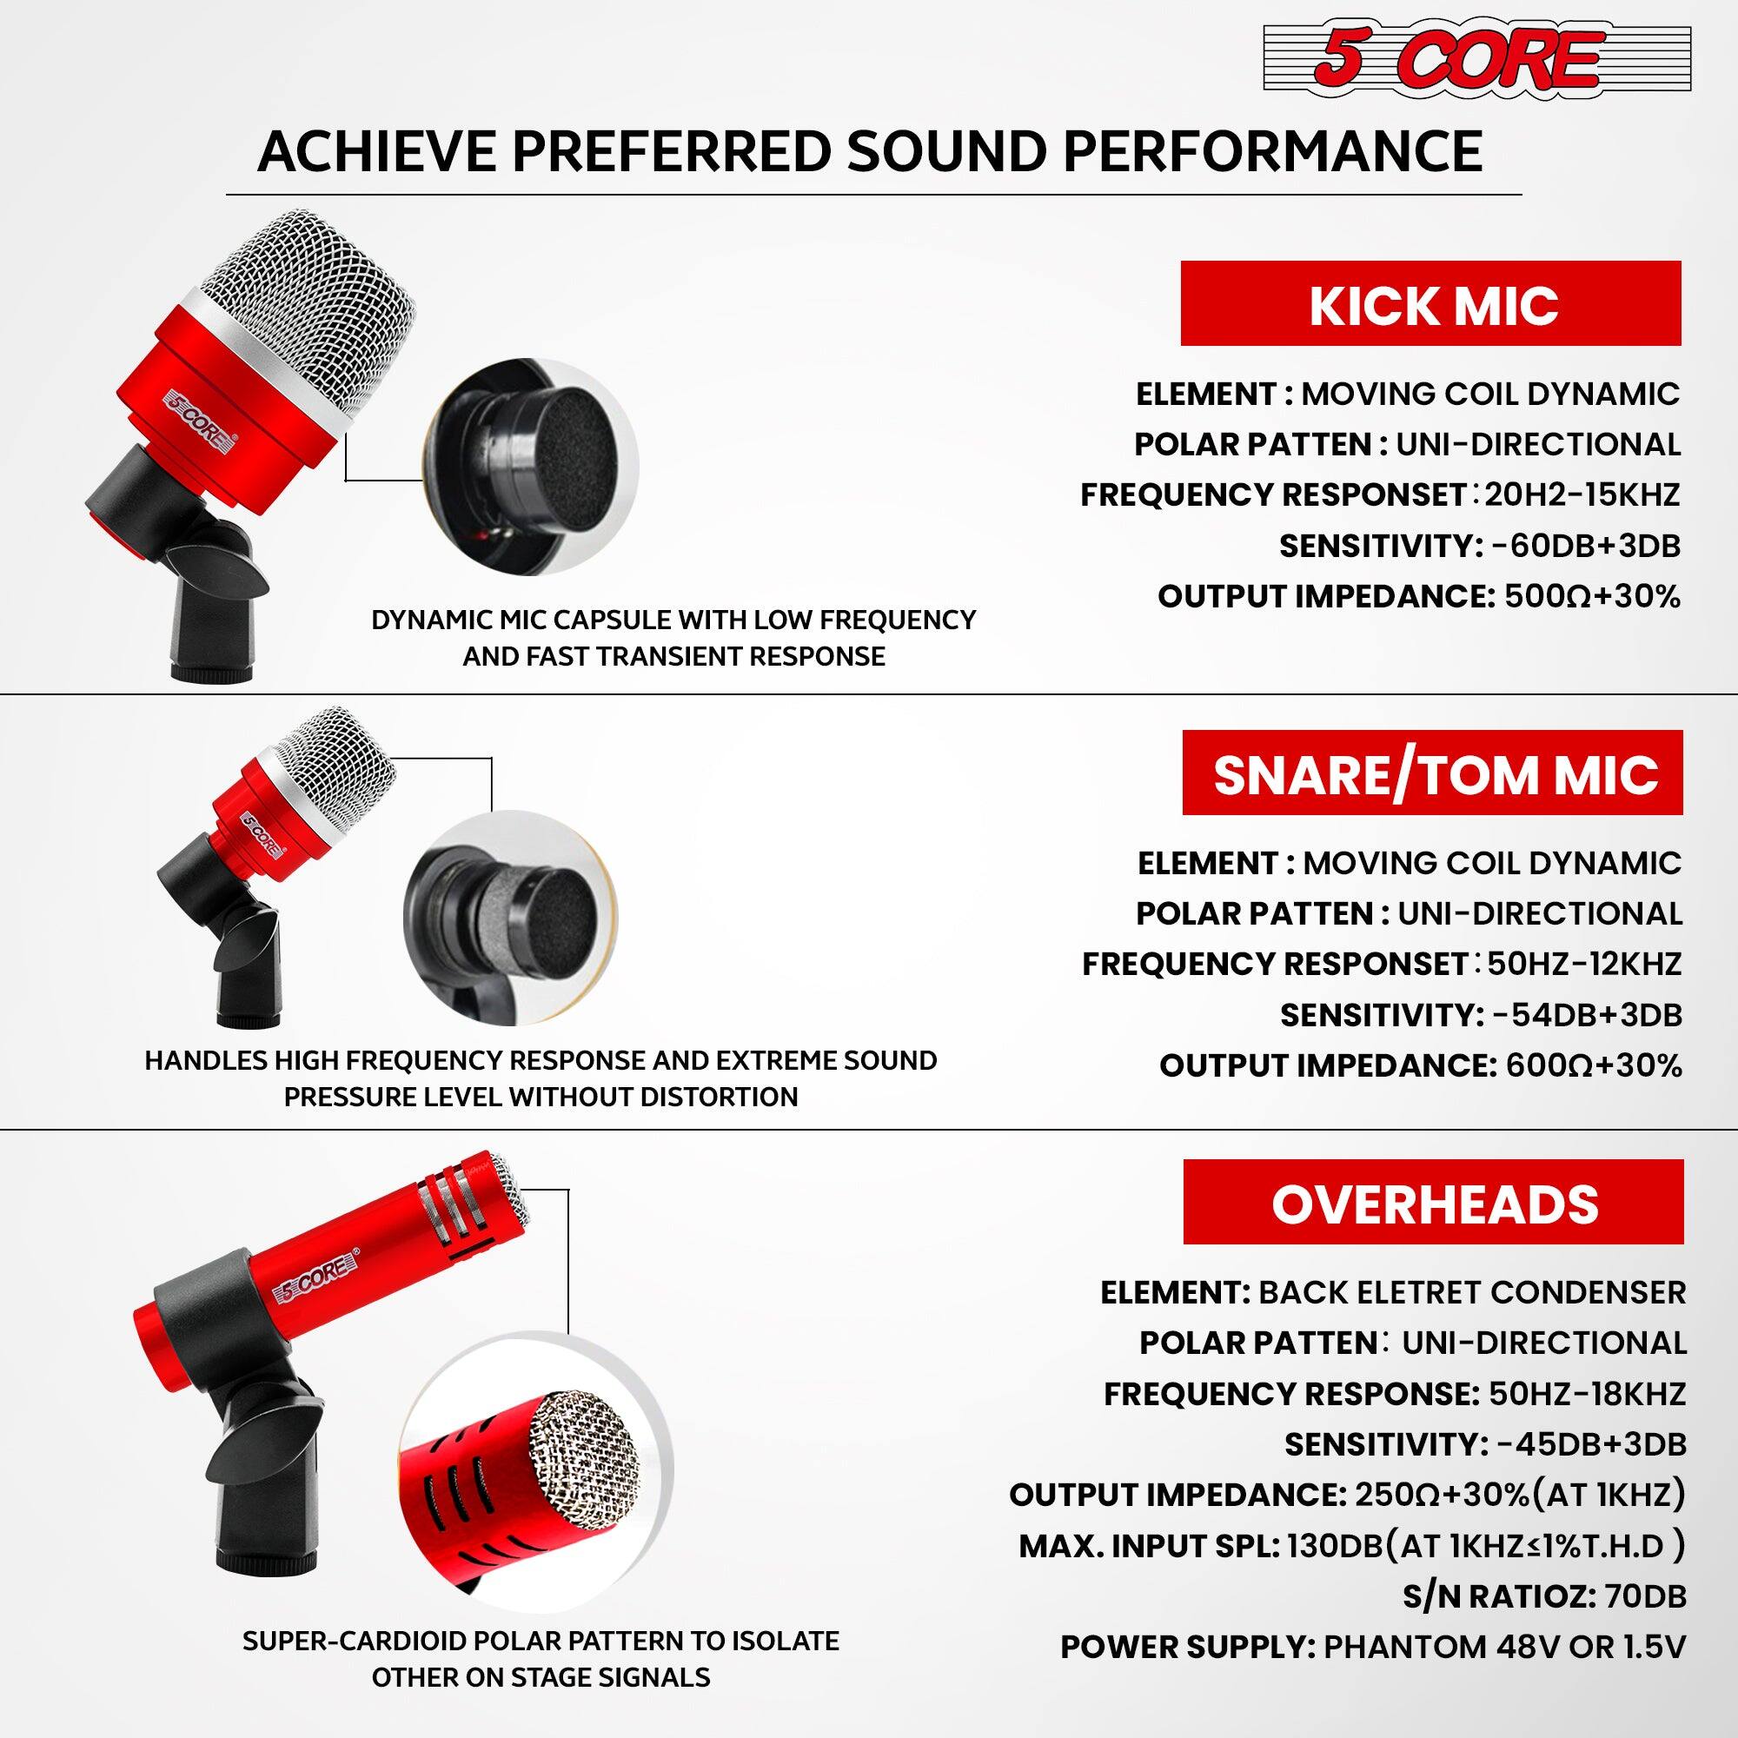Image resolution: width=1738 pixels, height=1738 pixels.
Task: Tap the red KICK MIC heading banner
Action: pyautogui.click(x=1430, y=303)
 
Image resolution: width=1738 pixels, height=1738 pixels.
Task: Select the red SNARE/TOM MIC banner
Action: pyautogui.click(x=1432, y=773)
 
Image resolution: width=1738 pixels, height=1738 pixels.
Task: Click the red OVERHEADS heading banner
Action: pyautogui.click(x=1433, y=1203)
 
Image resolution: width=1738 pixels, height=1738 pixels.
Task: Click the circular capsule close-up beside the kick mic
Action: pyautogui.click(x=531, y=468)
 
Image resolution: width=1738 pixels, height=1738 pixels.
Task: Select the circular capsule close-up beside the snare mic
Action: pyautogui.click(x=510, y=918)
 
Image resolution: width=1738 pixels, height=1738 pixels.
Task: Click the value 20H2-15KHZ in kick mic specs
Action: pyautogui.click(x=1582, y=494)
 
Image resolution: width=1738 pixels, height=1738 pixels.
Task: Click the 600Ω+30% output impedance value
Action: pyautogui.click(x=1593, y=1066)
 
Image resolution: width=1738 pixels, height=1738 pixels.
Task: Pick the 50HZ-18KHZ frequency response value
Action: pyautogui.click(x=1587, y=1394)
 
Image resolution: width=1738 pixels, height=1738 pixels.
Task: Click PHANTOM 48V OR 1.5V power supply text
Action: pyautogui.click(x=1504, y=1647)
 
